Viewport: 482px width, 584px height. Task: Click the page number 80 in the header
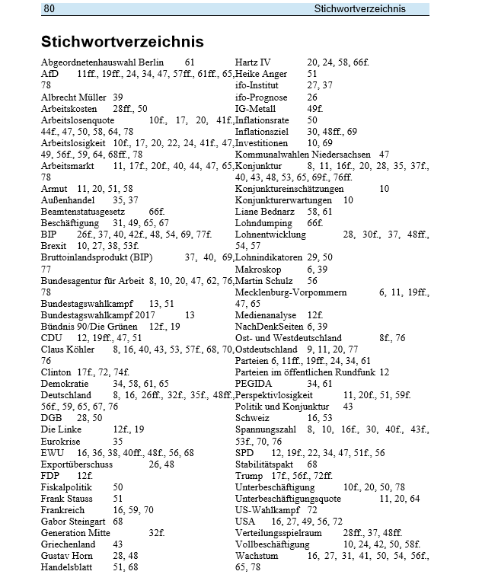50,8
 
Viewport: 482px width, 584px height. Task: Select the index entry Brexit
54,246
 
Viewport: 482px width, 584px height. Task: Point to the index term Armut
55,188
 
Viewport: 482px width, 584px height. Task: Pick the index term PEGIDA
254,385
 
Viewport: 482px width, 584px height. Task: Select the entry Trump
249,476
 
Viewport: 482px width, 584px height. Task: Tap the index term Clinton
57,372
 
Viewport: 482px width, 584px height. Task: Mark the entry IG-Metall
257,108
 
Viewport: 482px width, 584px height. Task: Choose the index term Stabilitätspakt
264,464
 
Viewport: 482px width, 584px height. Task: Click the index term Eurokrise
62,441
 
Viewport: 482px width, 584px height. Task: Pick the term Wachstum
257,556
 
